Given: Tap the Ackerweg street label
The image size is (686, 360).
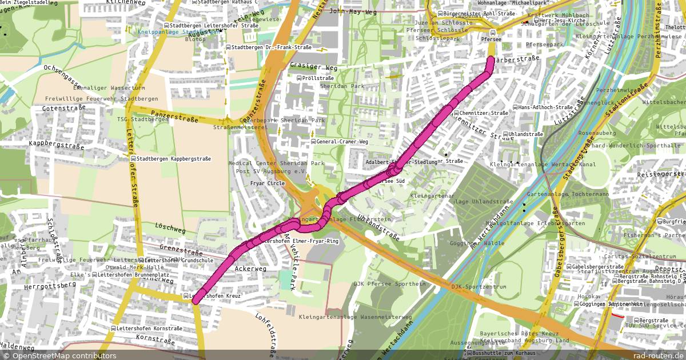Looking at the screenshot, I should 251,269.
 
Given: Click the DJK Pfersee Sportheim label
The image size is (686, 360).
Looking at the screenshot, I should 390,284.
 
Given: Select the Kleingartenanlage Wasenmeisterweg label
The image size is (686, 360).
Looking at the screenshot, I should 354,316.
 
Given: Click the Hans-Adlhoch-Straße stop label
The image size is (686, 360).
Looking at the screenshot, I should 546,107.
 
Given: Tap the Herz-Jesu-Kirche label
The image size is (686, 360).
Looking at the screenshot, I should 558,21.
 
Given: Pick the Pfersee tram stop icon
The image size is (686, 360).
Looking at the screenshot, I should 493,32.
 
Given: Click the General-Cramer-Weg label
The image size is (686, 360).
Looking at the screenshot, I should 342,142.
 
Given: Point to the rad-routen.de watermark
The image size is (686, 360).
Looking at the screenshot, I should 659,355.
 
